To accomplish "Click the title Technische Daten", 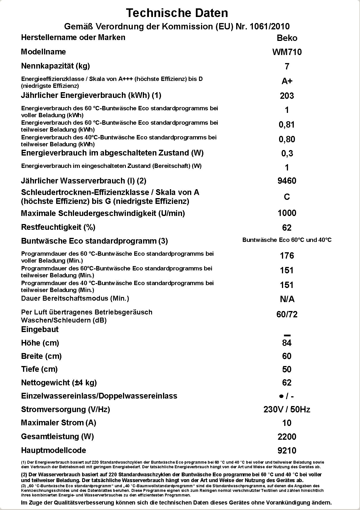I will coord(177,13).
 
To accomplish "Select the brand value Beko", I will coord(287,38).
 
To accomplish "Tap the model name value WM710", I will coord(287,52).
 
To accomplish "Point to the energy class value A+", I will coord(287,81).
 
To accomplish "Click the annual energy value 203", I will coord(287,96).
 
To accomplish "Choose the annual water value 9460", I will coord(287,181).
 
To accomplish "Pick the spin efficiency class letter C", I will coord(287,197).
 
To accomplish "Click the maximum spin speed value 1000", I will coord(287,213).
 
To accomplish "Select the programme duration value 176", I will coord(287,256).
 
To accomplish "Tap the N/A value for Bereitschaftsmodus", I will coord(287,299).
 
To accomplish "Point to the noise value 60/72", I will coord(287,314).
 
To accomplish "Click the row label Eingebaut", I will coord(40,329).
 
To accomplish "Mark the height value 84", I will coord(287,343).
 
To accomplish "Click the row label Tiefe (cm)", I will coord(39,369).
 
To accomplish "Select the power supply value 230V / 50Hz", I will coord(287,409).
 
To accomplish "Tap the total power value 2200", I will coord(287,437).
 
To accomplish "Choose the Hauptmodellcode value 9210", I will coord(287,451).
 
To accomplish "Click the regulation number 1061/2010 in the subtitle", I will coord(270,26).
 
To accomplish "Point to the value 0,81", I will coord(287,125).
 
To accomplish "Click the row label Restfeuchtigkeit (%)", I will coord(58,227).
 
